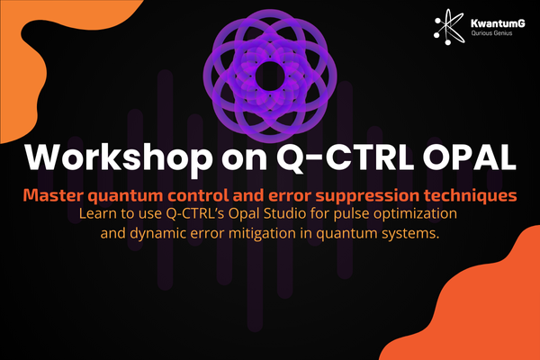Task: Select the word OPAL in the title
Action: click(470, 157)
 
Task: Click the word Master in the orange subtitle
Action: click(53, 195)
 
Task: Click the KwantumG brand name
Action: click(498, 23)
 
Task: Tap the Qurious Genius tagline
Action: click(491, 33)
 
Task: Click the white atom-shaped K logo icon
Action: click(449, 27)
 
